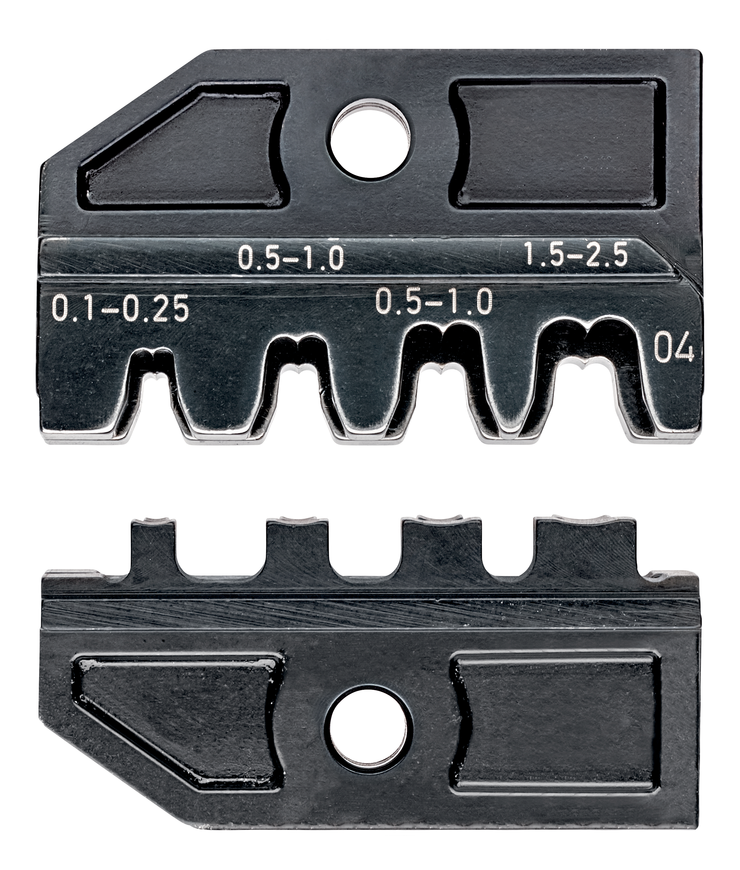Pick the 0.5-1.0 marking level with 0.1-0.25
tap(433, 303)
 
